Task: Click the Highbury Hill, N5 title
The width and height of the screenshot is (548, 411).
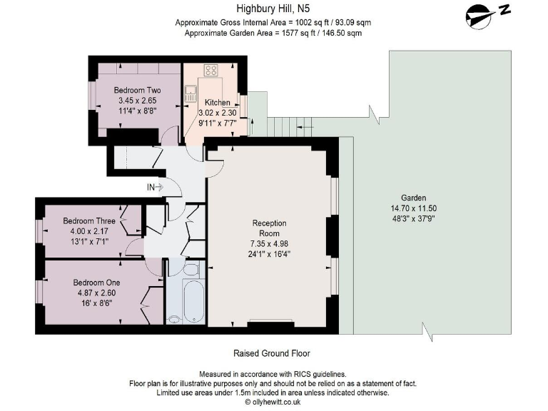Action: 273,8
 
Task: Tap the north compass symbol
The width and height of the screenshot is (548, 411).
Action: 487,16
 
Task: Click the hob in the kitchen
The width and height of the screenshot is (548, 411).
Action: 211,70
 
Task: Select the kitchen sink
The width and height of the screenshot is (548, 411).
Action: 191,93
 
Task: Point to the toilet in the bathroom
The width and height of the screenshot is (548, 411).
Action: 191,270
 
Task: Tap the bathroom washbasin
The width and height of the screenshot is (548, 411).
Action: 173,319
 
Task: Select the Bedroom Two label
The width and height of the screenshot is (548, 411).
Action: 137,90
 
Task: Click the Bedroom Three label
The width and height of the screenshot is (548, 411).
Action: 89,221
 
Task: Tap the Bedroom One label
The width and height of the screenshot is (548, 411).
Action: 96,283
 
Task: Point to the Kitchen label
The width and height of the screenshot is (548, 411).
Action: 218,103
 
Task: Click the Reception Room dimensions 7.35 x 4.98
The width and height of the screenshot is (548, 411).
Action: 269,243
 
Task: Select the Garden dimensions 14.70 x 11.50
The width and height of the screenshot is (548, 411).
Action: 413,208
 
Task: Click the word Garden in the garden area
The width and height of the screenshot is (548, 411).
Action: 413,198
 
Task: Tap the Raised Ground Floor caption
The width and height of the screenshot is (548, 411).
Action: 272,353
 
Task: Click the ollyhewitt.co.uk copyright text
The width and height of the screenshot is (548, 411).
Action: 273,402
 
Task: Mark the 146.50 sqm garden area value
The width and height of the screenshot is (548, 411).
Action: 337,34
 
